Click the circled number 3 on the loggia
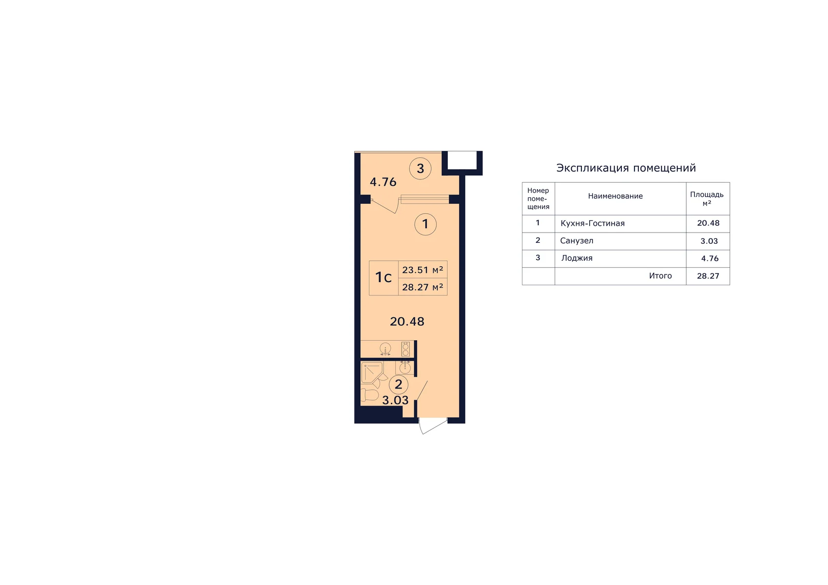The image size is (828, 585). (420, 169)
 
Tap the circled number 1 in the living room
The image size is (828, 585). (425, 224)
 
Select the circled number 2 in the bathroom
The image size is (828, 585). (399, 385)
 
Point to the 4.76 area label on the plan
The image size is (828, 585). (383, 182)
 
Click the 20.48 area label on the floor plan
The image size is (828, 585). (407, 321)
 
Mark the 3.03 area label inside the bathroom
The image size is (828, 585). (395, 400)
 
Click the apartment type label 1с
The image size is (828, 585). (384, 277)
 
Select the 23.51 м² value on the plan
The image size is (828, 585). (423, 270)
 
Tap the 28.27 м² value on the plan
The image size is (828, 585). (423, 287)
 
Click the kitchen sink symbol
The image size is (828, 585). (385, 349)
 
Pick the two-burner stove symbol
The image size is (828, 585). (405, 349)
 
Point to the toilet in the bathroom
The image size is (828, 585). (369, 395)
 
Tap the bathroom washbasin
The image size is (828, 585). (405, 367)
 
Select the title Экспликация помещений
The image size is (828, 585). (626, 168)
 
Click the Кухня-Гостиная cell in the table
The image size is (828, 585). (593, 223)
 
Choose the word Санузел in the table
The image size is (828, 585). (577, 241)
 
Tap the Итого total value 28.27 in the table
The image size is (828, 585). (708, 276)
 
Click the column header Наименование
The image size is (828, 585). (615, 196)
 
